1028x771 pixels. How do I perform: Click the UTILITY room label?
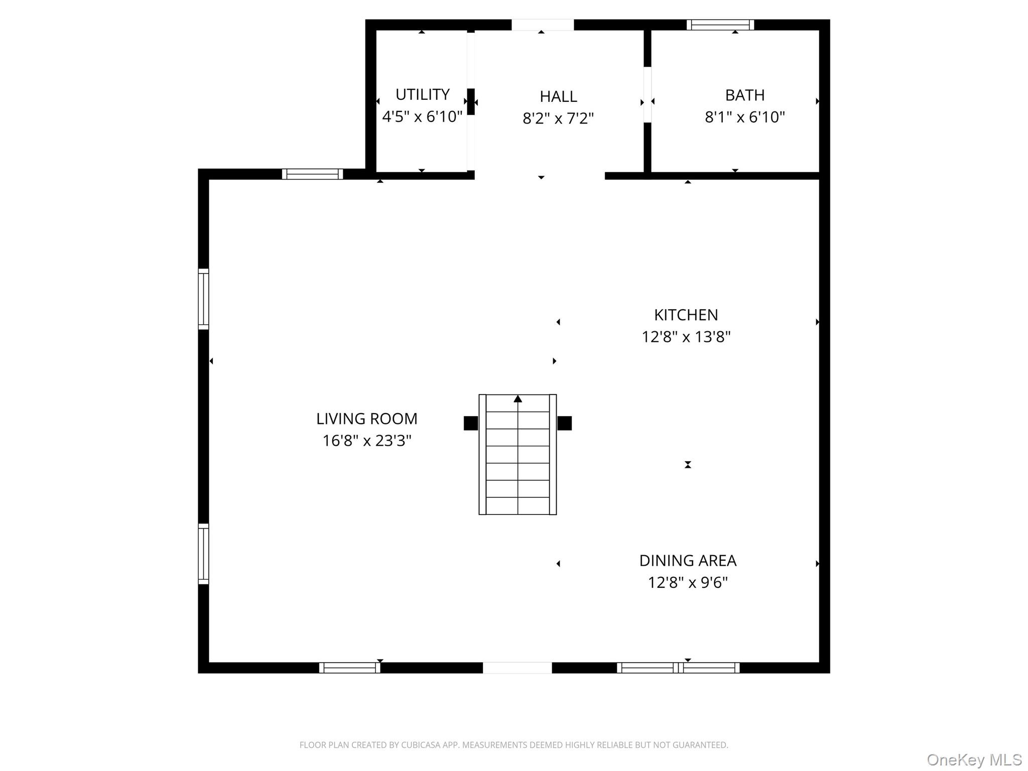[x=422, y=94]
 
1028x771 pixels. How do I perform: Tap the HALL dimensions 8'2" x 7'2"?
[x=558, y=118]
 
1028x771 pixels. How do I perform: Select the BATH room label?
[x=744, y=95]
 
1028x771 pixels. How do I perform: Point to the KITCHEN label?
[x=686, y=315]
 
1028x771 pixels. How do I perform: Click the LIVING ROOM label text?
[x=366, y=418]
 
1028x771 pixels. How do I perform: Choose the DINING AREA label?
[x=687, y=560]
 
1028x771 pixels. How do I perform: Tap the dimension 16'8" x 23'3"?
[x=366, y=441]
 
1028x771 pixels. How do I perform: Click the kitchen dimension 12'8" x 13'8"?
[x=686, y=337]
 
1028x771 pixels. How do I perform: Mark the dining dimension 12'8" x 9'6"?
[x=687, y=582]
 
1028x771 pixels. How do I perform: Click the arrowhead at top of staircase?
[x=518, y=399]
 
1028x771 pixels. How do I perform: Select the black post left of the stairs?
[x=470, y=423]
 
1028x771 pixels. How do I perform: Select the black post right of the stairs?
[x=564, y=423]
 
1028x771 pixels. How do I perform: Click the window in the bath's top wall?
[x=720, y=25]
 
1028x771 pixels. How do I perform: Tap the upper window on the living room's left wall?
[x=203, y=299]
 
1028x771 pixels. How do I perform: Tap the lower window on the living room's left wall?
[x=203, y=554]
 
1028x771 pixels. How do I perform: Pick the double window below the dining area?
[x=678, y=668]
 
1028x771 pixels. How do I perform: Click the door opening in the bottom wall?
[x=517, y=668]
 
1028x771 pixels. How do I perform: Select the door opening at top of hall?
[x=542, y=25]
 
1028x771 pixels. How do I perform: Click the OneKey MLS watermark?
[x=974, y=760]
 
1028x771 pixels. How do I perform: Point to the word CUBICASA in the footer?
[x=421, y=745]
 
